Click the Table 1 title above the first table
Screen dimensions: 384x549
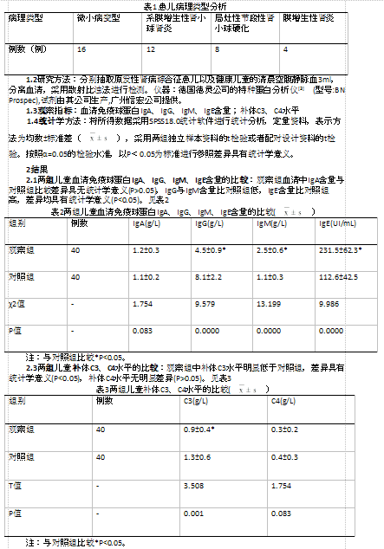pyautogui.click(x=192, y=5)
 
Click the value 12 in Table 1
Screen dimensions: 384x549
pyautogui.click(x=151, y=50)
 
